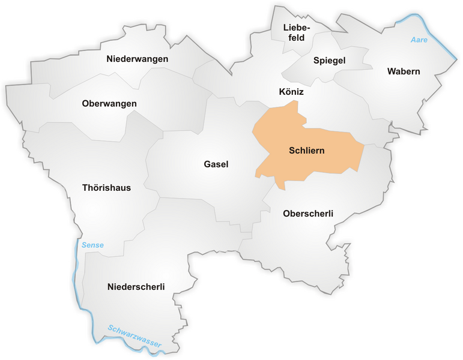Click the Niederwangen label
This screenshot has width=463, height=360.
click(x=137, y=59)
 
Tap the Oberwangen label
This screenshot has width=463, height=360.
click(x=109, y=104)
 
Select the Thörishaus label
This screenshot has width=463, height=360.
click(x=106, y=188)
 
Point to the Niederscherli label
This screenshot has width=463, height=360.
click(x=136, y=286)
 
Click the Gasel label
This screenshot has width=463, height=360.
click(x=216, y=164)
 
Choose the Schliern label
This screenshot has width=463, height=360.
click(x=306, y=151)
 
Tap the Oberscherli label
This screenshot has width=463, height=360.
click(x=307, y=214)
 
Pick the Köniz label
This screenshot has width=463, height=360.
click(x=291, y=92)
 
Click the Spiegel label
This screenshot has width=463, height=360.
click(x=329, y=61)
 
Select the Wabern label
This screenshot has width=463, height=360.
click(x=404, y=71)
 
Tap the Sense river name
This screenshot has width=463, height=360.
click(x=92, y=245)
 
